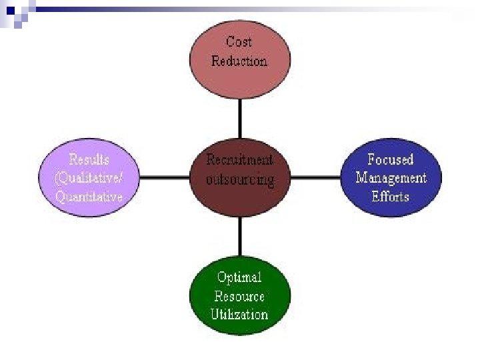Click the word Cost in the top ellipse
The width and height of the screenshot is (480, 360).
(x=239, y=42)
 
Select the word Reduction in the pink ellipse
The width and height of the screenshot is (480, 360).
(x=239, y=61)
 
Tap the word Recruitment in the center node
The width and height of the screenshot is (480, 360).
(x=239, y=160)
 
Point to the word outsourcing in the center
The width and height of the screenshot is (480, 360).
(x=239, y=180)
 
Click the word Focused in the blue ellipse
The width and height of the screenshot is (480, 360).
(x=391, y=160)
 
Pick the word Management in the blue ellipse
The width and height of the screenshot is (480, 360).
(x=391, y=178)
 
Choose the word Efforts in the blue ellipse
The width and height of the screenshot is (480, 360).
(x=391, y=197)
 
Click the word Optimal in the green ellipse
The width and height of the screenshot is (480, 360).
(x=239, y=277)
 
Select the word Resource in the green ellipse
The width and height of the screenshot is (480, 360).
(x=239, y=296)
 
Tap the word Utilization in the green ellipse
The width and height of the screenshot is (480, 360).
(x=239, y=314)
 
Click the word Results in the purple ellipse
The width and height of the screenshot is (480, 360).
(x=89, y=160)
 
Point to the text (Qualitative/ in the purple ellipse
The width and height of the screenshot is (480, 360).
(x=89, y=178)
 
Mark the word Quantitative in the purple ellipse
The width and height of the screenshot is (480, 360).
(x=89, y=197)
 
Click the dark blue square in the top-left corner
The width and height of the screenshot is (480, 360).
(x=9, y=9)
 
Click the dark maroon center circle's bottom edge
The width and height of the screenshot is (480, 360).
(x=239, y=215)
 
